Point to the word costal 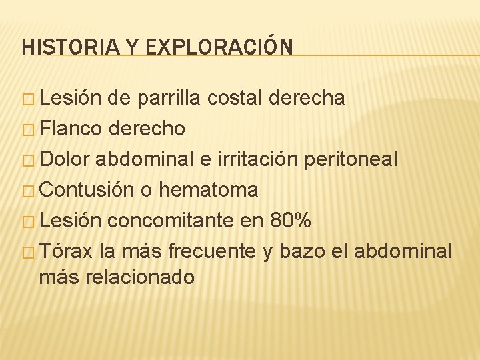pyautogui.click(x=236, y=99)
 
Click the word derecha pyautogui.click(x=308, y=99)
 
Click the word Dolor pyautogui.click(x=64, y=159)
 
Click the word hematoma pyautogui.click(x=209, y=190)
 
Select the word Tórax pyautogui.click(x=65, y=251)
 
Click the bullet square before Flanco pyautogui.click(x=29, y=129)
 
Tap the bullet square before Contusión pyautogui.click(x=29, y=191)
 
